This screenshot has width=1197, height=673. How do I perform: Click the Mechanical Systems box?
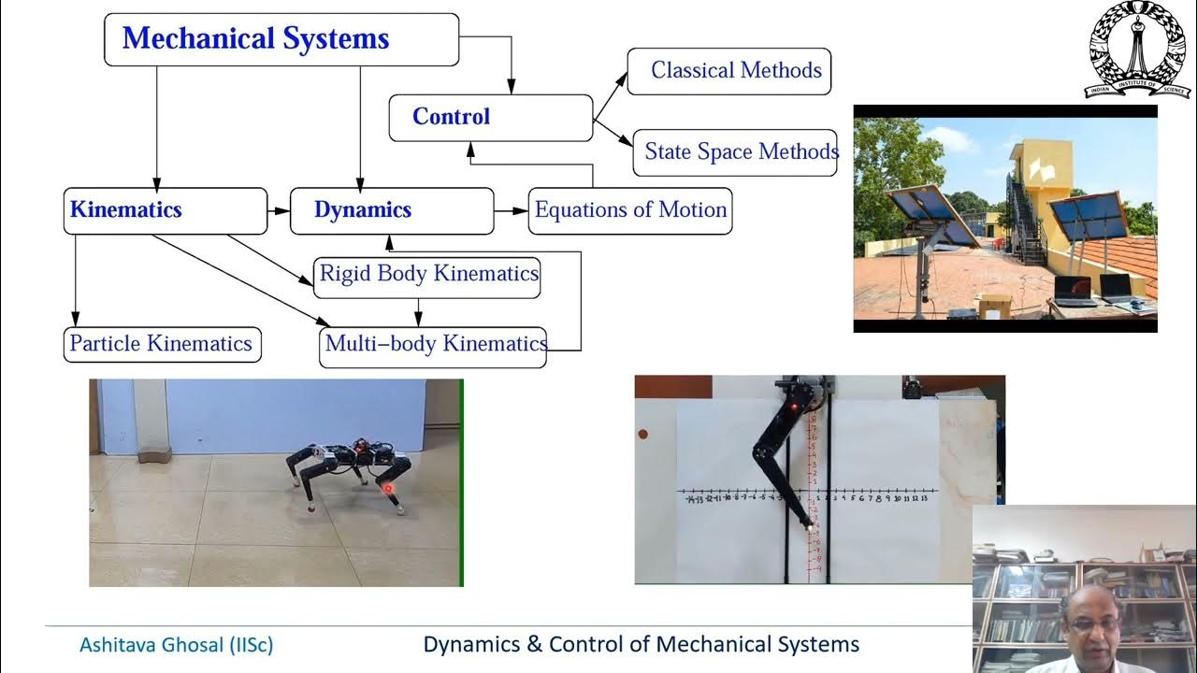pyautogui.click(x=281, y=39)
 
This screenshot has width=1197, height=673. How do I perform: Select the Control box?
pyautogui.click(x=490, y=118)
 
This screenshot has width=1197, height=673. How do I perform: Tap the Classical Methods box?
pyautogui.click(x=728, y=71)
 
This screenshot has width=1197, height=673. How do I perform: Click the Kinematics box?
pyautogui.click(x=166, y=210)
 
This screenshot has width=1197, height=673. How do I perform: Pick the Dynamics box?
pyautogui.click(x=391, y=210)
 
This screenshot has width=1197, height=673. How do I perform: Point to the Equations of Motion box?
pyautogui.click(x=630, y=210)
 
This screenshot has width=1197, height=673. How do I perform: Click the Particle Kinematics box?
pyautogui.click(x=162, y=344)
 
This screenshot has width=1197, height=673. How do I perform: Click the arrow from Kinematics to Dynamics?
pyautogui.click(x=279, y=210)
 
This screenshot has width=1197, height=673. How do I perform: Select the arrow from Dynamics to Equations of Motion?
pyautogui.click(x=511, y=210)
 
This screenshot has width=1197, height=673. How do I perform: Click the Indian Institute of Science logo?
pyautogui.click(x=1137, y=50)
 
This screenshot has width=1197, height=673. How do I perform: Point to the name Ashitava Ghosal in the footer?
pyautogui.click(x=176, y=645)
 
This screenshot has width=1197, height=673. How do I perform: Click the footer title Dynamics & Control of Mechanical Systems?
pyautogui.click(x=641, y=645)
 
